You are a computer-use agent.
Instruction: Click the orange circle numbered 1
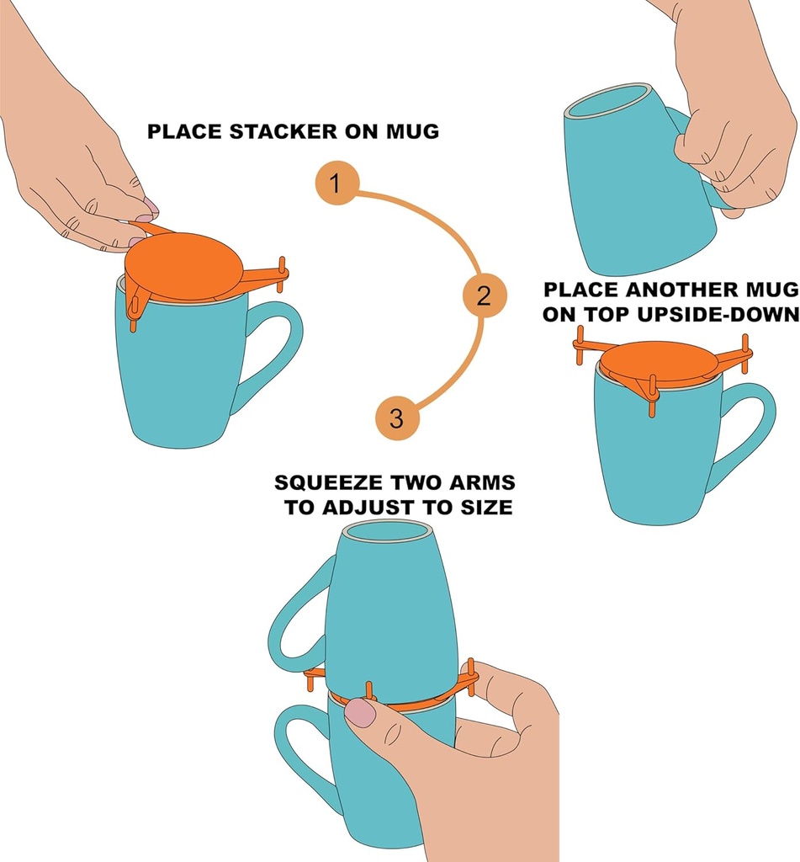336,184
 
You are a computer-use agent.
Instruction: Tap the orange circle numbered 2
485,295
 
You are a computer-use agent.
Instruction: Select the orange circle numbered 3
396,418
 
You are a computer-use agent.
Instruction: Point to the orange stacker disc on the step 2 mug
659,359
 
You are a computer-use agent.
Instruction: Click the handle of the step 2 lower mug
744,429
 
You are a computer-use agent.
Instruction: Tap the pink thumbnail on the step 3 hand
361,712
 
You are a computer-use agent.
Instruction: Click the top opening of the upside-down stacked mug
388,533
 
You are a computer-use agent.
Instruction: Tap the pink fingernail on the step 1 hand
150,205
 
